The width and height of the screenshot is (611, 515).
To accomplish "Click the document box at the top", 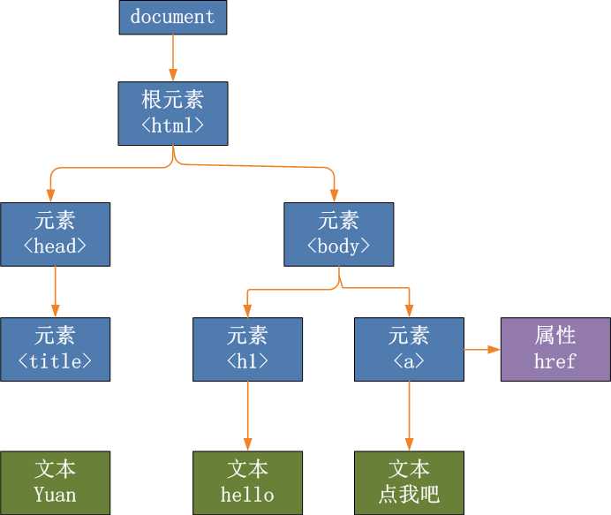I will coord(172,18).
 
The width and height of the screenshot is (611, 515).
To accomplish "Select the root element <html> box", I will coord(172,113).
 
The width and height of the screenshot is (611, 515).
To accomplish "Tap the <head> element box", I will coord(55,234).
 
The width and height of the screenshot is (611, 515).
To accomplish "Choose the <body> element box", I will coord(338,234).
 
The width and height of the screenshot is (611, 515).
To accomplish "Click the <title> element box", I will coord(55,349).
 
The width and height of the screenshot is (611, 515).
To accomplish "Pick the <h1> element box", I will coord(247,349).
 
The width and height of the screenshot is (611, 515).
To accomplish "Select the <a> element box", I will coord(409,349).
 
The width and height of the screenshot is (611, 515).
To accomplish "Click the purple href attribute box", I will coord(555,349).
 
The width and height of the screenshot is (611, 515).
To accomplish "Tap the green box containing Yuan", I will coord(55,482).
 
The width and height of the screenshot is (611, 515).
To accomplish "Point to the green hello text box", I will coord(247,482).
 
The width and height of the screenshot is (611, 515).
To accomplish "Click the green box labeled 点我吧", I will coord(409,482).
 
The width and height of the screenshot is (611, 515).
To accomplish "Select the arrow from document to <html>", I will coord(172,58).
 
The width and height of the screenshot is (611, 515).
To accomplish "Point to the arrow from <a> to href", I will coord(482,350).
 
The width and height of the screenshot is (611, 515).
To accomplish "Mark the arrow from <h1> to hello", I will coord(247,416).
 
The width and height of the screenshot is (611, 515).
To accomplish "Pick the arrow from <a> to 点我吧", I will coord(409,416).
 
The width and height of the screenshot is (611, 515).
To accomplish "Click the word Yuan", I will coord(55,494).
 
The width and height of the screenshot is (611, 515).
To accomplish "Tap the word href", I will coord(555,361).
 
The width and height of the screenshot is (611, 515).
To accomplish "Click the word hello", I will coord(247,494).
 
